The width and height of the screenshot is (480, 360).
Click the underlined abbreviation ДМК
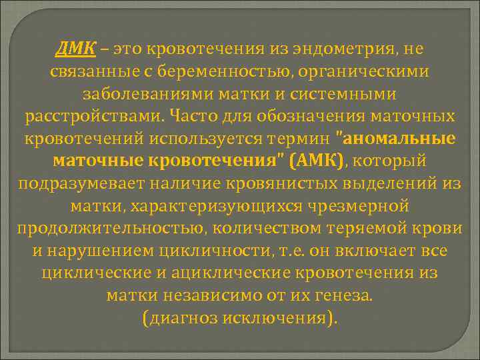(75, 49)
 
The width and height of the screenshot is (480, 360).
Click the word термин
(299, 139)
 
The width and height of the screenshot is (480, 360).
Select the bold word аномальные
(399, 139)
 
